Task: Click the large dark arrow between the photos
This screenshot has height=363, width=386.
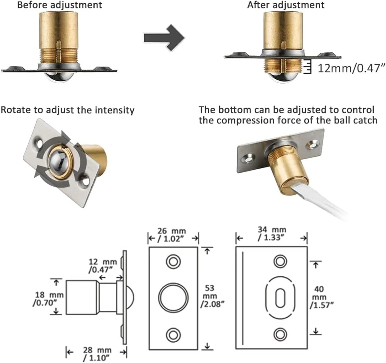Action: click(x=164, y=38)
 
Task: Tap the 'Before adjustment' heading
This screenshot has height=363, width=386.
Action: click(x=60, y=5)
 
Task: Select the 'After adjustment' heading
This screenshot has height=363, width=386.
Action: click(x=286, y=5)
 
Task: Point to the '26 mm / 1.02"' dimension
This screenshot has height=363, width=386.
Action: click(x=171, y=235)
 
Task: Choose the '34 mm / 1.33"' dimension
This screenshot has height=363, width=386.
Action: click(x=272, y=233)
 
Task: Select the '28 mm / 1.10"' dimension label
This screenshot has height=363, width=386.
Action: click(x=97, y=354)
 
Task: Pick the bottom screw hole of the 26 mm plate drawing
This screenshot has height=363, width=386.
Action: click(x=173, y=335)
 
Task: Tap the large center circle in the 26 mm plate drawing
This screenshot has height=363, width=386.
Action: click(x=173, y=298)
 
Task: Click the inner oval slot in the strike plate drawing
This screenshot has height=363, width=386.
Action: click(x=280, y=298)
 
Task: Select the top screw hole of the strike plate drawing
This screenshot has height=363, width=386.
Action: click(x=280, y=261)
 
